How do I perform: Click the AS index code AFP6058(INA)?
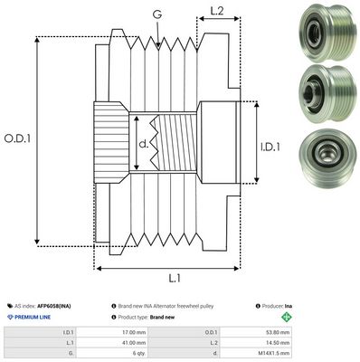(x=56, y=307)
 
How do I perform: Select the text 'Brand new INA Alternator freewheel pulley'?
(x=168, y=307)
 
